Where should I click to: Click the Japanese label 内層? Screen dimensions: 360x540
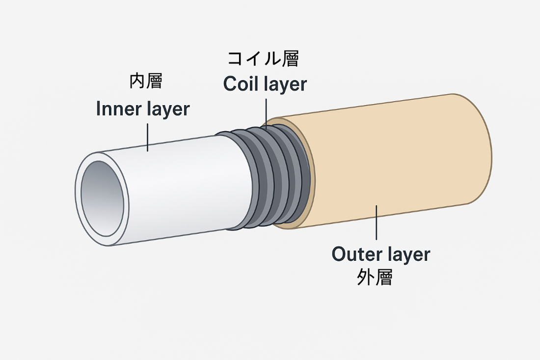coord(145,82)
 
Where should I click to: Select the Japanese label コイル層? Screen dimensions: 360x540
coord(263,59)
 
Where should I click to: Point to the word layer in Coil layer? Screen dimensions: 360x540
coord(286,85)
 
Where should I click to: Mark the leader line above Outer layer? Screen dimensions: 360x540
coord(377,223)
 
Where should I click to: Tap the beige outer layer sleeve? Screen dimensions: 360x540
coord(393,162)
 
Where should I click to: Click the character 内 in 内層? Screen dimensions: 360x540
coord(137,82)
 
